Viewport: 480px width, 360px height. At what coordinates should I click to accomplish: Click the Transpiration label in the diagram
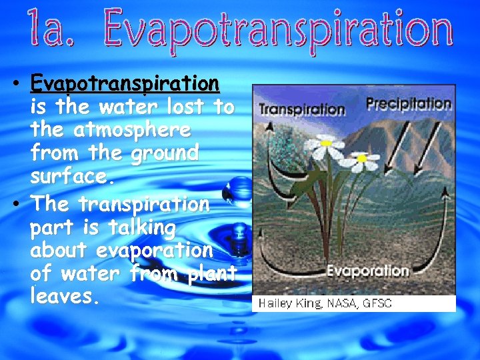pyautogui.click(x=301, y=109)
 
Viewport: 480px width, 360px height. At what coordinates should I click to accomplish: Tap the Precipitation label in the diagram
pyautogui.click(x=409, y=103)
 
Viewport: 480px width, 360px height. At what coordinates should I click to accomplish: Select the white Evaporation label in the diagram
pyautogui.click(x=367, y=271)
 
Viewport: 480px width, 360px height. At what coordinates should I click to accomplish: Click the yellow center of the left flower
pyautogui.click(x=327, y=143)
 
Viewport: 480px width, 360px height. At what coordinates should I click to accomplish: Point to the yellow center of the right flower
pyautogui.click(x=362, y=159)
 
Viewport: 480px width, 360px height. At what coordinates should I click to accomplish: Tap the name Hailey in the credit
pyautogui.click(x=275, y=303)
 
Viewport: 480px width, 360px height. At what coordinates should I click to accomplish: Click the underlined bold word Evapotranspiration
pyautogui.click(x=125, y=83)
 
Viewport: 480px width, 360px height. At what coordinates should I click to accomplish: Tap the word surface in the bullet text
pyautogui.click(x=69, y=177)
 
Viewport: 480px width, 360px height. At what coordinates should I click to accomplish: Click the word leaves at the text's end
pyautogui.click(x=65, y=296)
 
